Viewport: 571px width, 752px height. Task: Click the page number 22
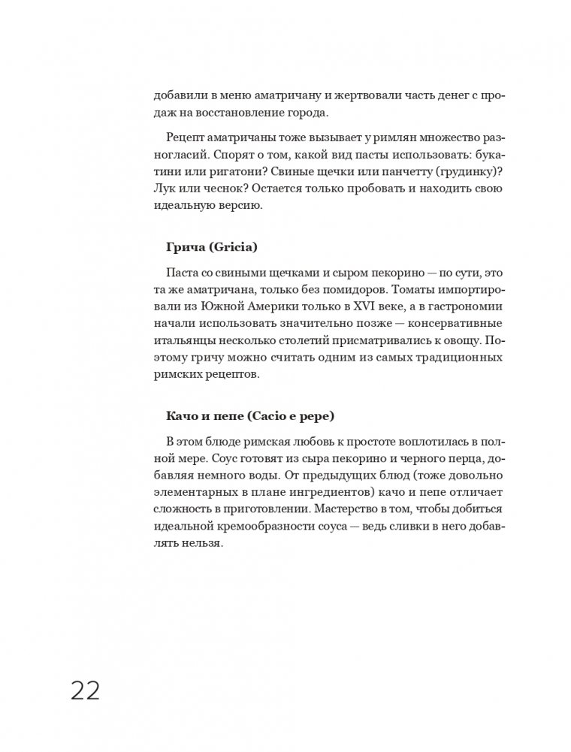click(x=86, y=690)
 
